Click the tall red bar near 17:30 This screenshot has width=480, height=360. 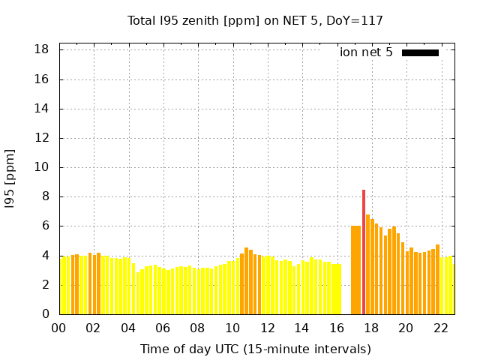click(364, 252)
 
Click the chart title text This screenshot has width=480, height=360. click(255, 20)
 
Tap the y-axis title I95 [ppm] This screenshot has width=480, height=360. click(10, 178)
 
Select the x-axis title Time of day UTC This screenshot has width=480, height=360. click(255, 349)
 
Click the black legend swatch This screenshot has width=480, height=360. click(420, 52)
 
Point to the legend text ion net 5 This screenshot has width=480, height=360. click(366, 52)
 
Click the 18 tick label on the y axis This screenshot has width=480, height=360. click(42, 49)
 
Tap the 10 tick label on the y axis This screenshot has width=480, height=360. click(42, 167)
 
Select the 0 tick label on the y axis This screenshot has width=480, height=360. click(45, 314)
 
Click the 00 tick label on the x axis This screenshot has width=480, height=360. click(59, 328)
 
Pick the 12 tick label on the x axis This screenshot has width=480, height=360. click(267, 328)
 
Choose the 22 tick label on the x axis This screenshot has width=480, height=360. click(441, 328)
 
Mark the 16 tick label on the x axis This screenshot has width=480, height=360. click(337, 328)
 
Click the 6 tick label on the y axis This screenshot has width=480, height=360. click(45, 226)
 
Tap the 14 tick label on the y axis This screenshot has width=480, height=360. click(42, 109)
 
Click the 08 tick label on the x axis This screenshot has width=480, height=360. click(198, 328)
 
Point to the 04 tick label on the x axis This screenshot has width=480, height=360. click(128, 328)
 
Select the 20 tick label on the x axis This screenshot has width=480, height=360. click(406, 328)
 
